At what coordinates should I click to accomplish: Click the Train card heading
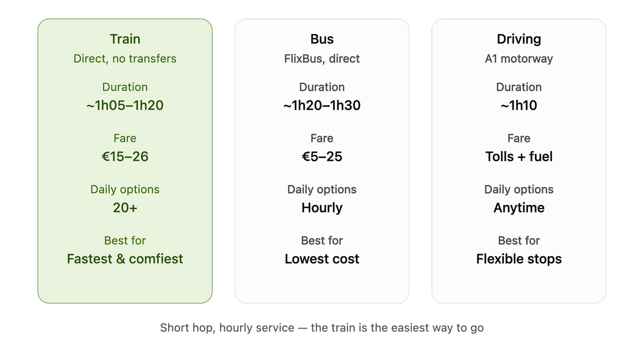click(125, 39)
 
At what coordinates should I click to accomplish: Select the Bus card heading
click(322, 39)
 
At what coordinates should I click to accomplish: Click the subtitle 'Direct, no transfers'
click(125, 59)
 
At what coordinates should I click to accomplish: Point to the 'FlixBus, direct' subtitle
click(322, 59)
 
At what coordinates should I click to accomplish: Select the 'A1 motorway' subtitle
click(519, 59)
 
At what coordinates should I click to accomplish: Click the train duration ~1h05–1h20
click(125, 105)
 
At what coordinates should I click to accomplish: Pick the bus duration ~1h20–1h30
click(322, 105)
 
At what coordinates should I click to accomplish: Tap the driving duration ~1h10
click(519, 105)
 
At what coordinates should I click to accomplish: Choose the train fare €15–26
click(125, 156)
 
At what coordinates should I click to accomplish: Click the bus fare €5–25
click(322, 156)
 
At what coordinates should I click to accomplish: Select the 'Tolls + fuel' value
click(519, 156)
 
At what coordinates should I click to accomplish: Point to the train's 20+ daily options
click(125, 208)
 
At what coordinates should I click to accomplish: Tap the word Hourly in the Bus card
click(322, 208)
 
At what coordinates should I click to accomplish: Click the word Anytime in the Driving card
click(519, 208)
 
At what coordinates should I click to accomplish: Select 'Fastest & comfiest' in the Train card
click(125, 259)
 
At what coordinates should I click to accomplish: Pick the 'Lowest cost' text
click(322, 259)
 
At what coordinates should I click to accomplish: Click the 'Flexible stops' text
click(519, 259)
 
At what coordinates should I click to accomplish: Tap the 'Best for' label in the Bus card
click(322, 241)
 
